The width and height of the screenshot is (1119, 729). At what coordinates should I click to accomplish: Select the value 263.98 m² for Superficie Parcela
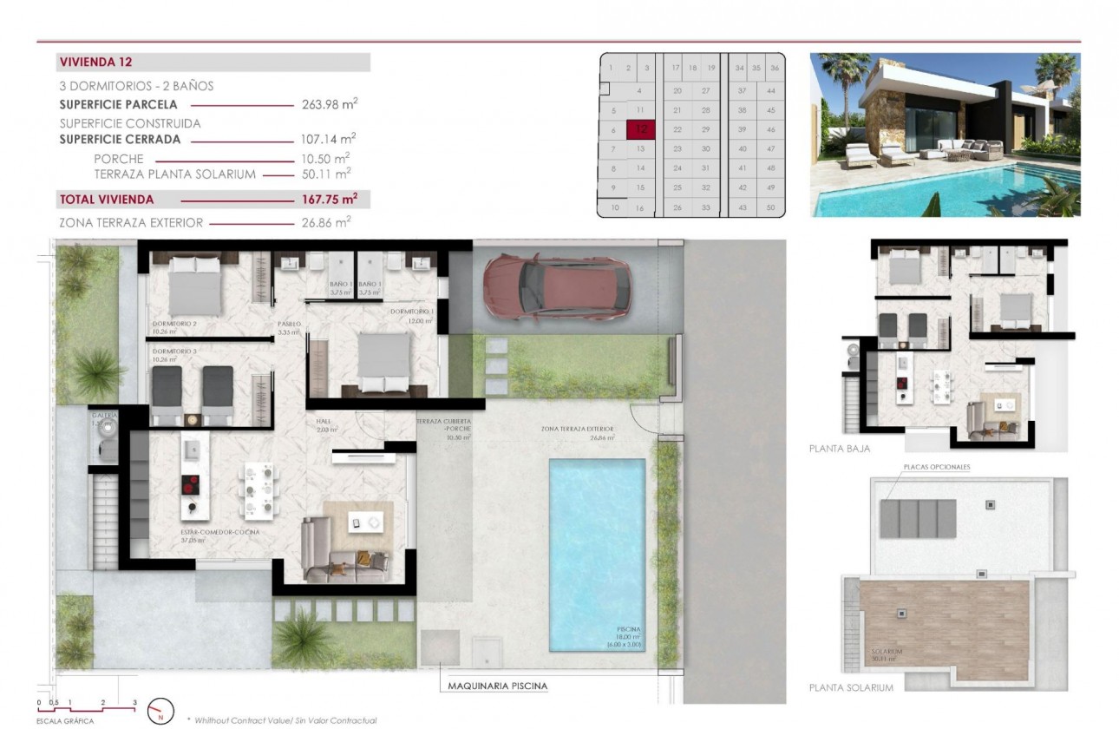click(329, 104)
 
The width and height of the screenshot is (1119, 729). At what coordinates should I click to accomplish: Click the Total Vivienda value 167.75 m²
click(329, 199)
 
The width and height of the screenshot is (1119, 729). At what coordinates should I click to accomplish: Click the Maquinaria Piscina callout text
click(497, 686)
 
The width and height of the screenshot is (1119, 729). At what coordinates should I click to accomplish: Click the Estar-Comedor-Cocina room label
click(220, 532)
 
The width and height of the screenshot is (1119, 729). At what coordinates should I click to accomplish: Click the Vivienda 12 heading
click(95, 62)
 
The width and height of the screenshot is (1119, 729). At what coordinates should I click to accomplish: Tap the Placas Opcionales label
click(937, 467)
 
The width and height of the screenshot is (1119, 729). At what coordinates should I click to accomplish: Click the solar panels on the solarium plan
click(919, 517)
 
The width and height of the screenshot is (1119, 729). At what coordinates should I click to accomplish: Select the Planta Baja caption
click(840, 449)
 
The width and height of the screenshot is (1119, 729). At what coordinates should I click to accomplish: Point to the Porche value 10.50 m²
click(329, 158)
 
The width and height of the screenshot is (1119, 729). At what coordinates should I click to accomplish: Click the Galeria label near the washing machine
click(104, 416)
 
